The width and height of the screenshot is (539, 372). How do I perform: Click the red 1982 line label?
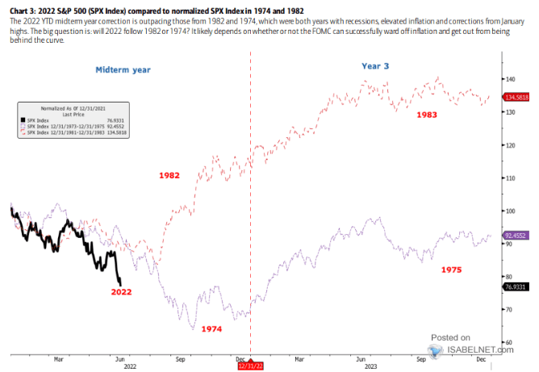pyautogui.click(x=169, y=174)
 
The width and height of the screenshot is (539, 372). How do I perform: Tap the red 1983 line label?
pyautogui.click(x=428, y=115)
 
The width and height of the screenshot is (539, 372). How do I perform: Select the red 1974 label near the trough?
pyautogui.click(x=212, y=329)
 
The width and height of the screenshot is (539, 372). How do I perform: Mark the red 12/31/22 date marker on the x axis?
pyautogui.click(x=250, y=366)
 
